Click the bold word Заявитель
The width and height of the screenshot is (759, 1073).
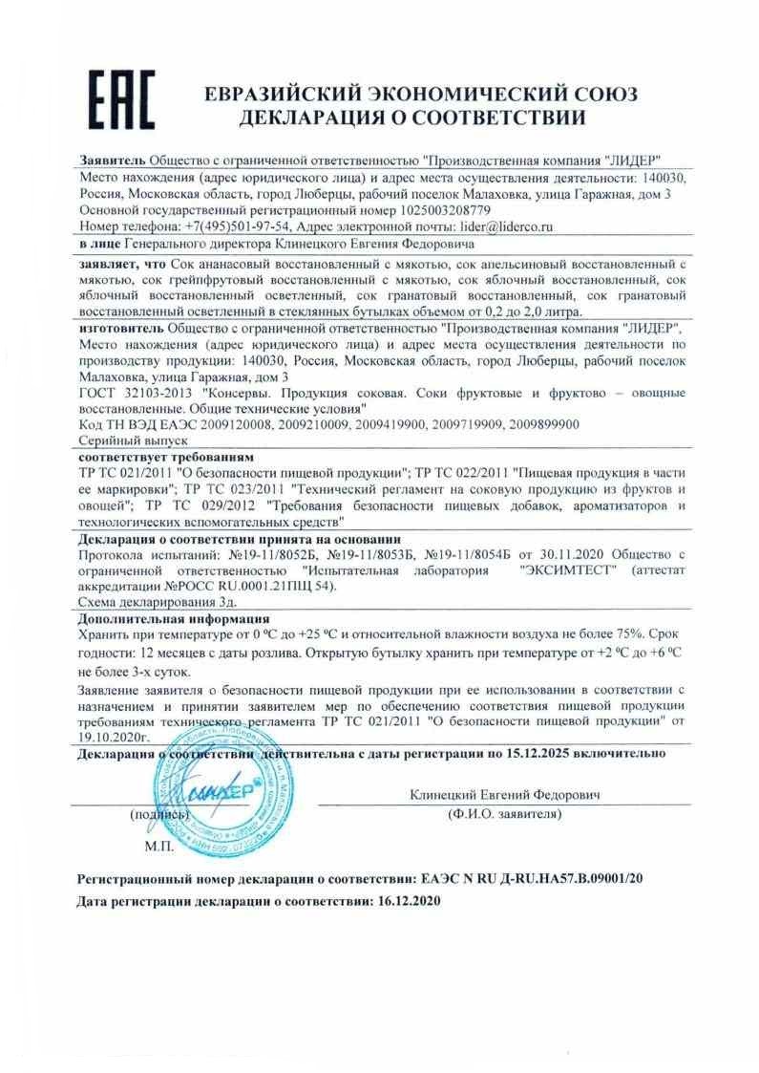pos(112,160)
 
